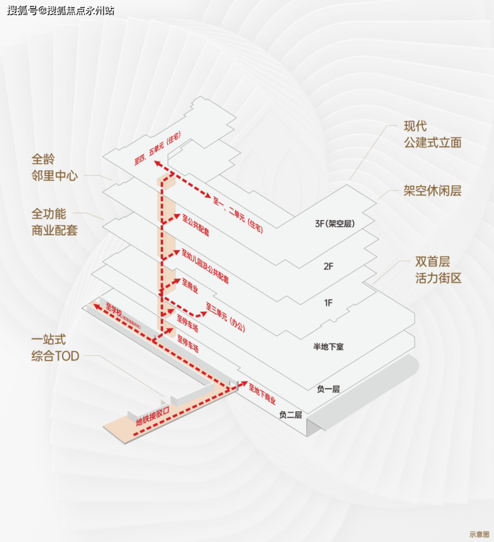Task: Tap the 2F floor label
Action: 328,266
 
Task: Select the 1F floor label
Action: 328,303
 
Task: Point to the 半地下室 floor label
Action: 328,347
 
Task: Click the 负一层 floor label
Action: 328,389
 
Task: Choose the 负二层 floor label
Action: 290,415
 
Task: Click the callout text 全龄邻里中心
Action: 55,168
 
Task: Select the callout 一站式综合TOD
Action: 55,348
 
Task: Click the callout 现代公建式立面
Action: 432,135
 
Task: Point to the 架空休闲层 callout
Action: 432,191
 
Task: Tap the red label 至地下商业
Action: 262,396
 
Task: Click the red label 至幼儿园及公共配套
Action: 205,266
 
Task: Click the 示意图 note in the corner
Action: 479,534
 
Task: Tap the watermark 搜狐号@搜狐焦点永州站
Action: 60,11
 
